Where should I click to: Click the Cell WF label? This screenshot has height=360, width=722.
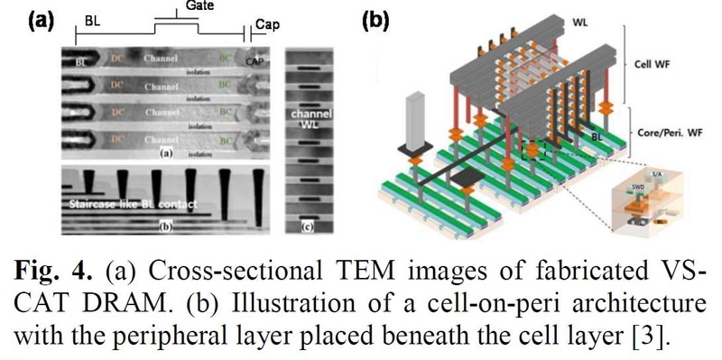click(x=662, y=65)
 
